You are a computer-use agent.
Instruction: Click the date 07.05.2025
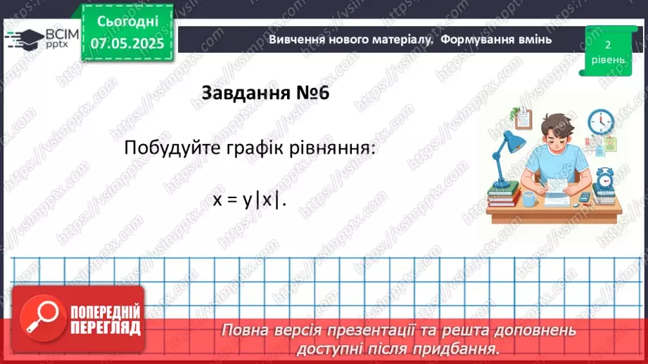coord(127,44)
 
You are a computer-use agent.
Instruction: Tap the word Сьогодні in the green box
coord(127,21)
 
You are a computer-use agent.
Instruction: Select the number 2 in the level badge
coord(607,44)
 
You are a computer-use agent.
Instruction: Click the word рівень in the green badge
coord(607,60)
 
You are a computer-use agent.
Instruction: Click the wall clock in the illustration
coord(600,121)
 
